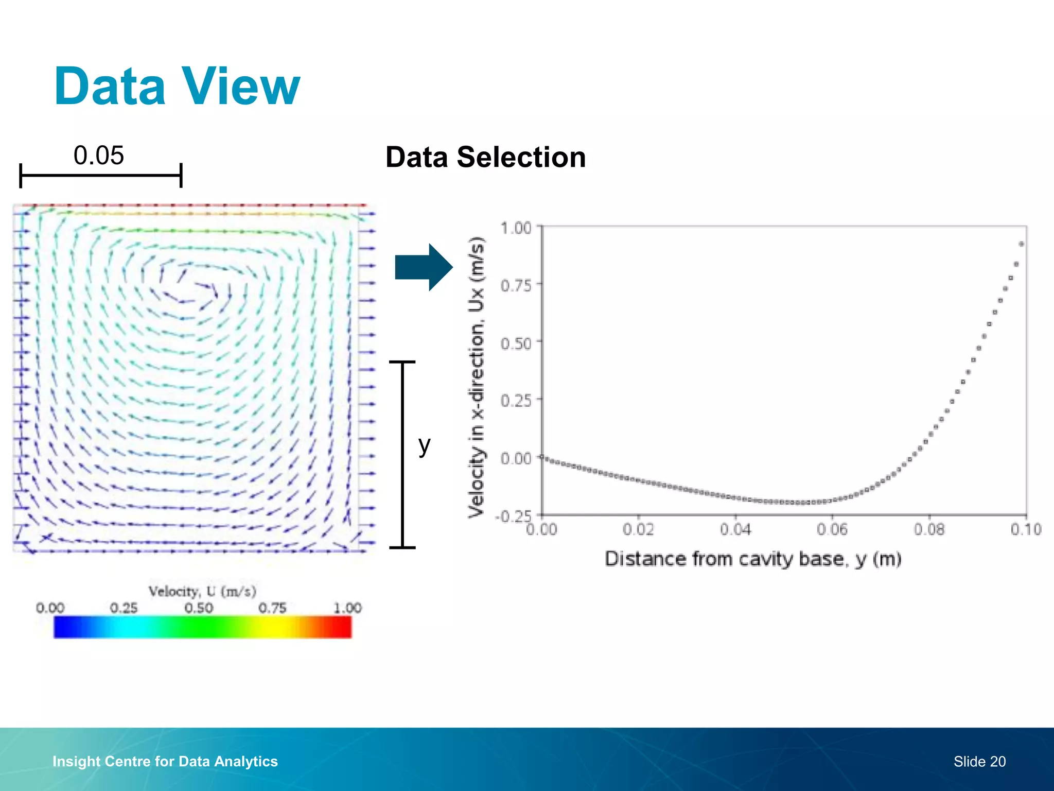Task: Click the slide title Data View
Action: pyautogui.click(x=177, y=87)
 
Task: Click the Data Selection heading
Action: pyautogui.click(x=485, y=157)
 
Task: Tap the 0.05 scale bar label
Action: pyautogui.click(x=98, y=156)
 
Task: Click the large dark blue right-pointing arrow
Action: pyautogui.click(x=424, y=267)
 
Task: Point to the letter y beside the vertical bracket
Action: pyautogui.click(x=424, y=445)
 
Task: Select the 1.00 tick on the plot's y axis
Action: pyautogui.click(x=516, y=228)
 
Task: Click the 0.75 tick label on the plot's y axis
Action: pyautogui.click(x=516, y=285)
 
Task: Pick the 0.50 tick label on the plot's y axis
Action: pyautogui.click(x=516, y=343)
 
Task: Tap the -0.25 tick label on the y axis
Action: pyautogui.click(x=513, y=516)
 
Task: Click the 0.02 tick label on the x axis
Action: pyautogui.click(x=638, y=529)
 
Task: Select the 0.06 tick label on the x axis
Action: pyautogui.click(x=832, y=529)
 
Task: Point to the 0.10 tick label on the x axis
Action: pyautogui.click(x=1026, y=529)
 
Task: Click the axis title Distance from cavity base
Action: pyautogui.click(x=752, y=559)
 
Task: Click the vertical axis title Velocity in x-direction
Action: pyautogui.click(x=477, y=377)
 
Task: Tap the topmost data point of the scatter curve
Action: pyautogui.click(x=1021, y=244)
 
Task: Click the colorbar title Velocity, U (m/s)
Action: pyautogui.click(x=202, y=591)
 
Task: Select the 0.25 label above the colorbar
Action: pyautogui.click(x=124, y=608)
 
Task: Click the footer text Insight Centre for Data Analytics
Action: pyautogui.click(x=165, y=761)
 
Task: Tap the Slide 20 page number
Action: pyautogui.click(x=979, y=762)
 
